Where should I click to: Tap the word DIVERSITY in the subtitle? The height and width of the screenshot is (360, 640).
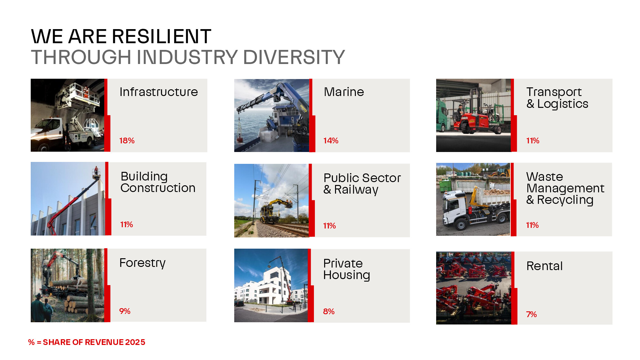coord(294,57)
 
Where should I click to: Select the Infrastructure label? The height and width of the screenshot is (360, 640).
coord(159,92)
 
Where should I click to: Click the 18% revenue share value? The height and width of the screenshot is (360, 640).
coord(127,140)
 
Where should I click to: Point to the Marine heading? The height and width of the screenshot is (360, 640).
coord(344,92)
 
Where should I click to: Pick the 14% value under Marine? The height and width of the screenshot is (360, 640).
coord(331,140)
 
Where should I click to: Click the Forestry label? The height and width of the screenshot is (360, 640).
coord(142,263)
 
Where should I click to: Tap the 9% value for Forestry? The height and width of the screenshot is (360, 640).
coord(124,311)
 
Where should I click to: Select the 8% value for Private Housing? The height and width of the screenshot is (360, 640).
coord(329,311)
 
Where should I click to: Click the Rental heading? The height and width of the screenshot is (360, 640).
coord(544,266)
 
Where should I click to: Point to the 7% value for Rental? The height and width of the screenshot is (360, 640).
coord(531,314)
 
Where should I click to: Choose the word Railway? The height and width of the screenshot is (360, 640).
coord(356,190)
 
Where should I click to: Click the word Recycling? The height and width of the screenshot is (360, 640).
coord(565,200)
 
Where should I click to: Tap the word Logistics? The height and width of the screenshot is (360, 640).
coord(563,104)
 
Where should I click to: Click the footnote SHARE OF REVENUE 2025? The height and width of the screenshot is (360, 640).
coord(94,342)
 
